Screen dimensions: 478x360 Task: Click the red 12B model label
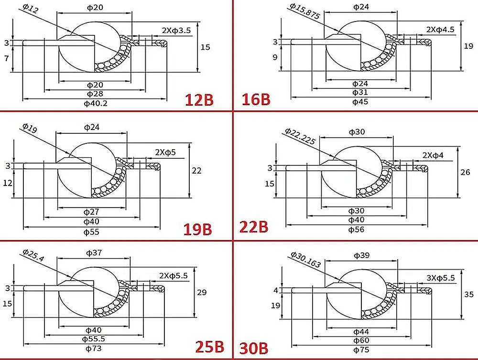click(x=199, y=100)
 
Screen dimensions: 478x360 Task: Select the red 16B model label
click(x=256, y=99)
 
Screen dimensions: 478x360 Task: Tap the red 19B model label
click(x=197, y=229)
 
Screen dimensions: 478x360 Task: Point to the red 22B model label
click(x=254, y=227)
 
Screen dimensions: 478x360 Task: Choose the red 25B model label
click(x=209, y=347)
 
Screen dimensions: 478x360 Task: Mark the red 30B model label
click(x=254, y=349)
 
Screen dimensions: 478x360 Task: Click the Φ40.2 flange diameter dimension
click(x=96, y=104)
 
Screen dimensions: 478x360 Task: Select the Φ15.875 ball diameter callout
click(x=304, y=11)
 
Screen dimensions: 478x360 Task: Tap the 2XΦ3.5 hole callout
click(x=176, y=30)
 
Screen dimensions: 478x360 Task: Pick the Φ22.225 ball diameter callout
click(x=300, y=136)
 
